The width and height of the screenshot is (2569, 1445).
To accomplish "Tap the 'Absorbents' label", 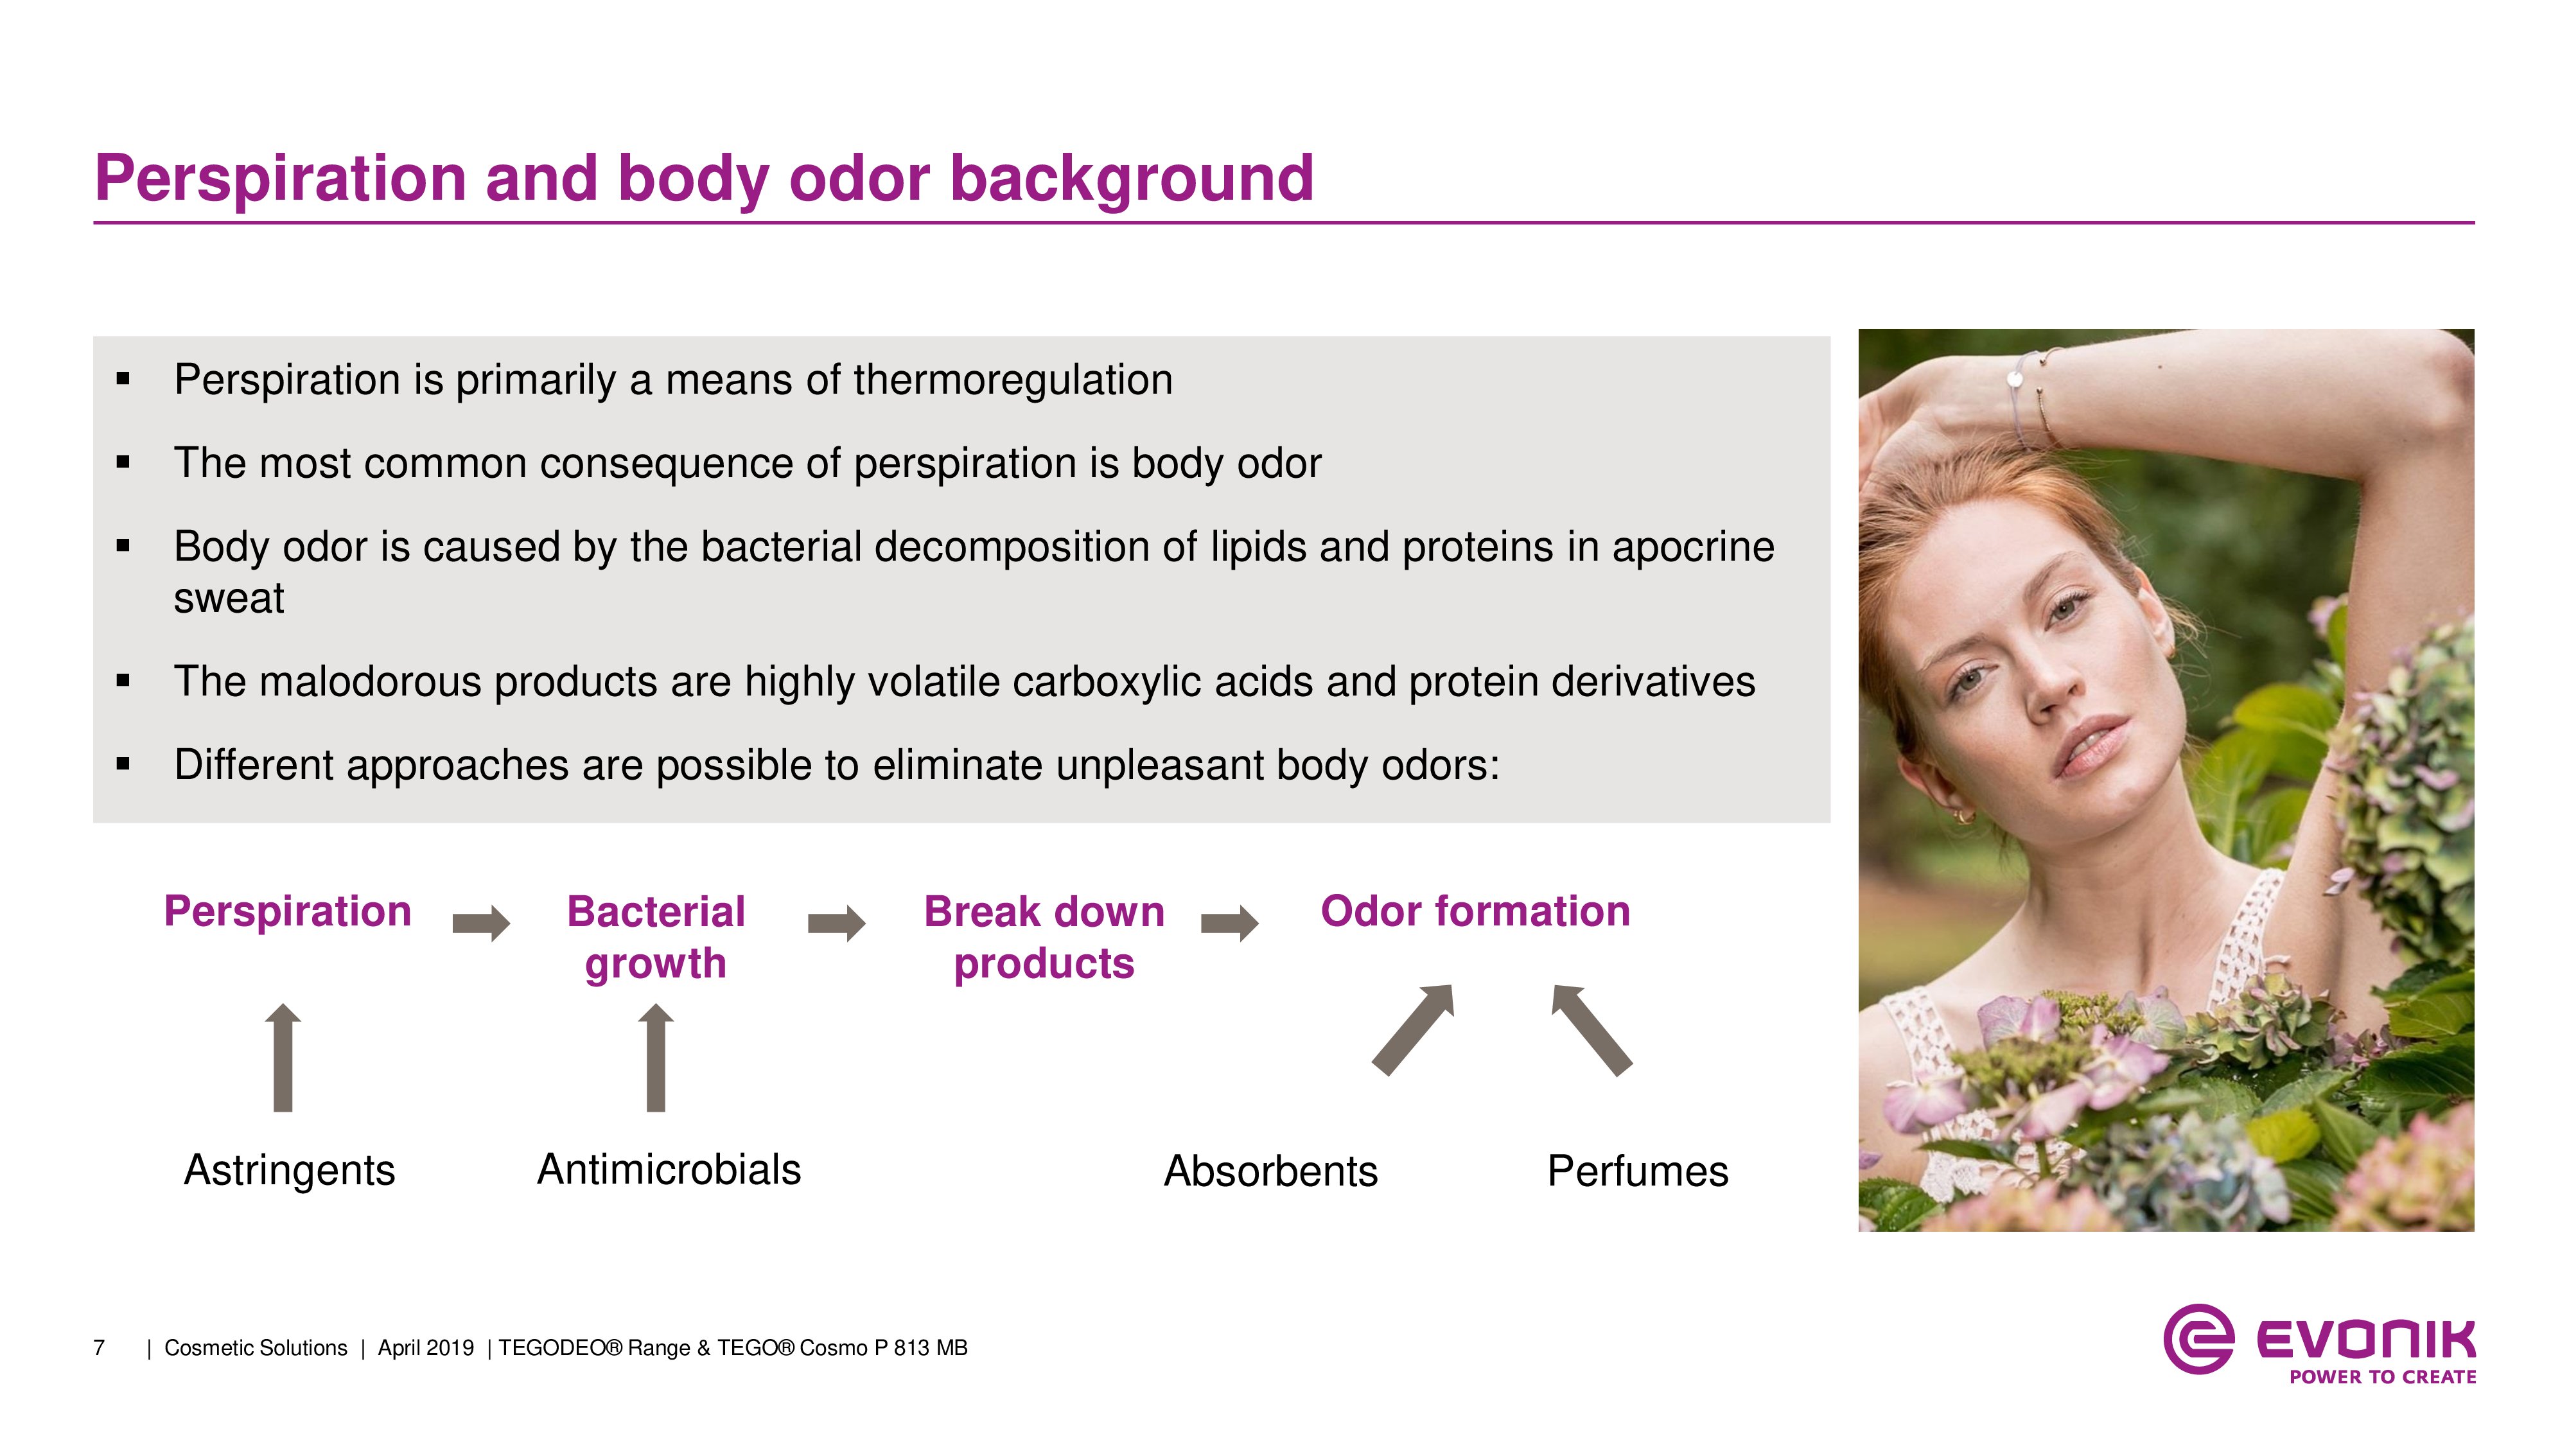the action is pos(1270,1171).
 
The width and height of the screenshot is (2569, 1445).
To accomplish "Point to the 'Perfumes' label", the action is pos(1638,1171).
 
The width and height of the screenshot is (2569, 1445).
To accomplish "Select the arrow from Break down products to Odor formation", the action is pos(1230,924).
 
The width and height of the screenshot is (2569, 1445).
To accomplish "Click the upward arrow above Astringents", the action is pos(283,1057).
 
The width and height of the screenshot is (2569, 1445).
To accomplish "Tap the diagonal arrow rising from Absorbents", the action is pos(1413,1030).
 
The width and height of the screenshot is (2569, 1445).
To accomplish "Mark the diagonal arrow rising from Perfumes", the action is pos(1591,1030).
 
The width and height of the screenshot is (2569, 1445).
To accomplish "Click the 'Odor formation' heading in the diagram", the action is pos(1475,911).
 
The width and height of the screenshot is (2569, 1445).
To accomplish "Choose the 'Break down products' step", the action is pos(1044,938).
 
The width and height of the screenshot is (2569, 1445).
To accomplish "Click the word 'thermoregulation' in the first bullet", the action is pos(1013,380).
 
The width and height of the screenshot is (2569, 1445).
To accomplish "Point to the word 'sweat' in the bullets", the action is pos(229,599).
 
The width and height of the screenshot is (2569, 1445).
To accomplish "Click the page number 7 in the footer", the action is pos(99,1348).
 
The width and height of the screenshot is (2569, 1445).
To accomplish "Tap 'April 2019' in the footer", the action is pos(426,1348).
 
